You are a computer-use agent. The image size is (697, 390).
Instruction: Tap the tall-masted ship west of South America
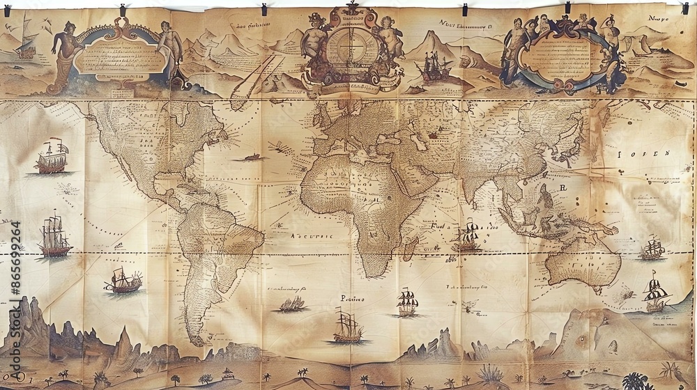click(55, 237)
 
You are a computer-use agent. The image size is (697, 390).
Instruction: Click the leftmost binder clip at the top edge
click(124, 10)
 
